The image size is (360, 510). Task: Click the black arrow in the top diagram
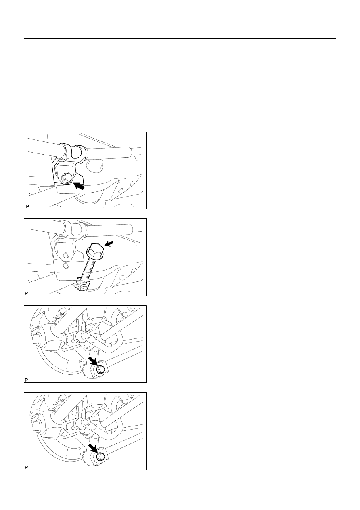(x=79, y=186)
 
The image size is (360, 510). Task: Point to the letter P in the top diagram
(x=27, y=206)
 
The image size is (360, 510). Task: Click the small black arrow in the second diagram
(x=109, y=244)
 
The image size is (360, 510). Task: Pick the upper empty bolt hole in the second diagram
(x=66, y=256)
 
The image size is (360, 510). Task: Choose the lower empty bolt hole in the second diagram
(x=66, y=265)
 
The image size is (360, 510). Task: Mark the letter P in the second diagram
(x=26, y=293)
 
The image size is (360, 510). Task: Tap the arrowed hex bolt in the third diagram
(x=100, y=369)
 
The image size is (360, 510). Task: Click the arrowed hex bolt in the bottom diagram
(x=100, y=456)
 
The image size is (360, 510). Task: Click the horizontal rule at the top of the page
(x=180, y=38)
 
